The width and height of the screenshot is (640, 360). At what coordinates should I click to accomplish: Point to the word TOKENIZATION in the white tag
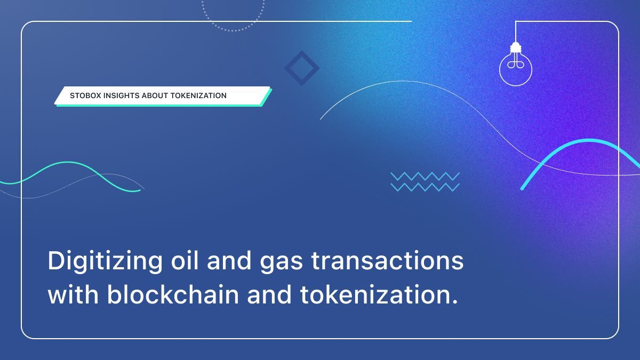coord(198,96)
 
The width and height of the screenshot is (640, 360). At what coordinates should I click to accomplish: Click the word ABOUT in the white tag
coord(156,96)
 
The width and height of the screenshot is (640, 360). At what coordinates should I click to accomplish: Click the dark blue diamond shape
coord(301,68)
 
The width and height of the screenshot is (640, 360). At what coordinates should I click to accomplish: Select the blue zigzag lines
coord(425,181)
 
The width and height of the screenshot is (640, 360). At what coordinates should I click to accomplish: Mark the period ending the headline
coord(454,302)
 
